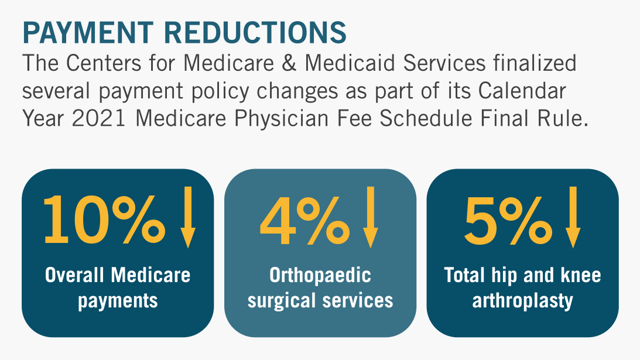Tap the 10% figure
pyautogui.click(x=102, y=220)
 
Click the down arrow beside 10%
pyautogui.click(x=187, y=217)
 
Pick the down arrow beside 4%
pyautogui.click(x=369, y=217)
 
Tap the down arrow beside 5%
pyautogui.click(x=573, y=217)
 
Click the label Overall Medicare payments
pyautogui.click(x=118, y=287)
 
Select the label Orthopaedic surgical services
pyautogui.click(x=320, y=287)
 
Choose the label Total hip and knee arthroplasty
pyautogui.click(x=523, y=287)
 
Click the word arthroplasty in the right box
pyautogui.click(x=522, y=301)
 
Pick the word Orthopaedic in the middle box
pyautogui.click(x=320, y=275)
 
